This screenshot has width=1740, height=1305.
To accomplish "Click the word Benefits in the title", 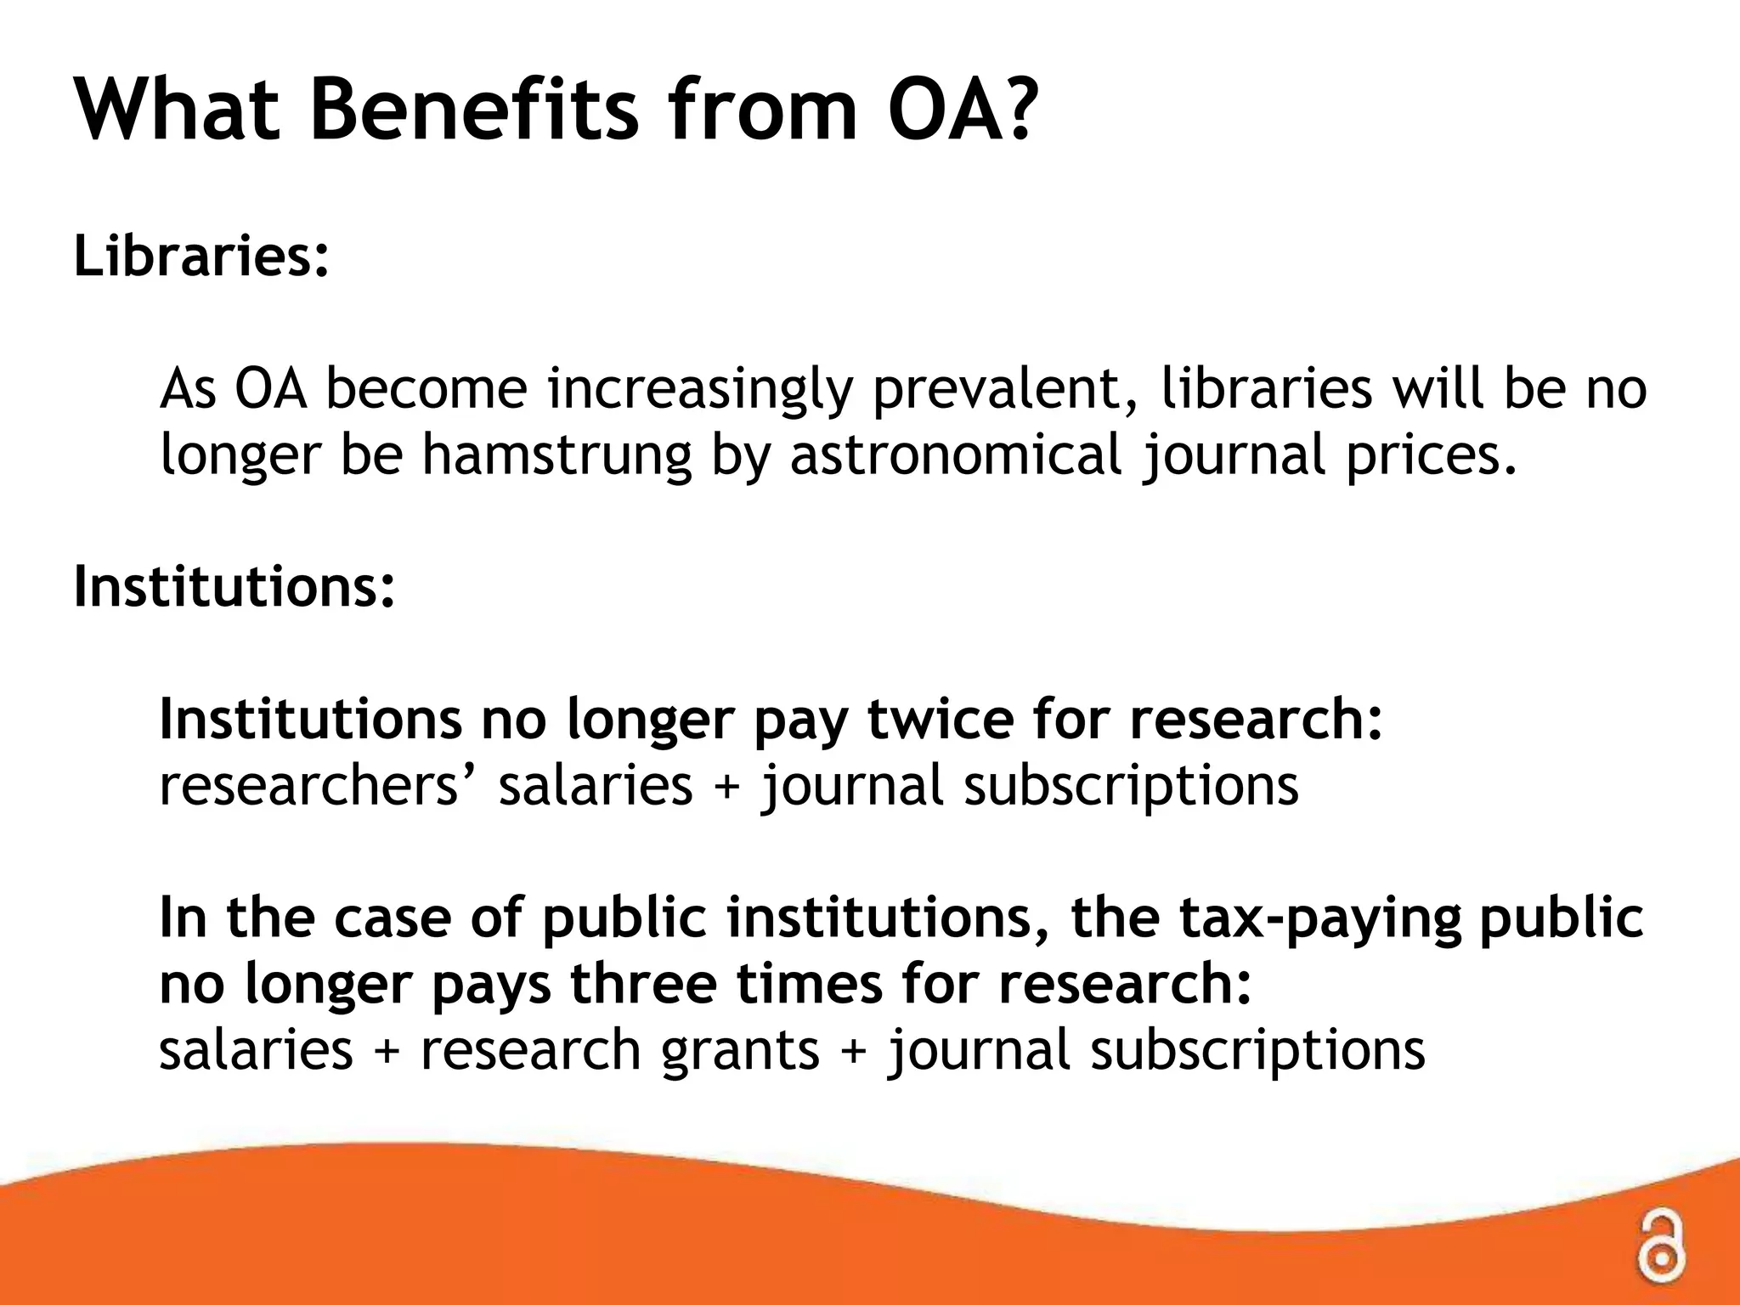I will point(473,110).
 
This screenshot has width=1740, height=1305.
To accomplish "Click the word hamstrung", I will point(556,455).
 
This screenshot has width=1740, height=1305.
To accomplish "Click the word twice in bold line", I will point(940,719).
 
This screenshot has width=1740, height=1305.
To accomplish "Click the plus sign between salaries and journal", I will point(726,787).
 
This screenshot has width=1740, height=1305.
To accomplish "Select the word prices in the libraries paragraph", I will point(1430,456).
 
